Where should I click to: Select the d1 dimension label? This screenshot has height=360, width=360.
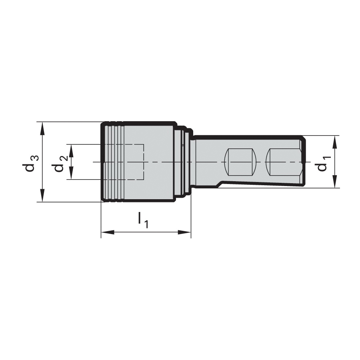tap(324, 164)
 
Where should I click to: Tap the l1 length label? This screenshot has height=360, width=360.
tap(143, 220)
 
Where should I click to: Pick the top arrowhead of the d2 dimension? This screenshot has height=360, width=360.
tap(72, 151)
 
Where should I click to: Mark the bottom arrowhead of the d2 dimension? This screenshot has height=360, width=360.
tap(72, 173)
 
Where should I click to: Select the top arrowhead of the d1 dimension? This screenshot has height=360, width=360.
tap(335, 142)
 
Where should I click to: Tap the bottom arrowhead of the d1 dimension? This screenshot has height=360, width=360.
tap(335, 182)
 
